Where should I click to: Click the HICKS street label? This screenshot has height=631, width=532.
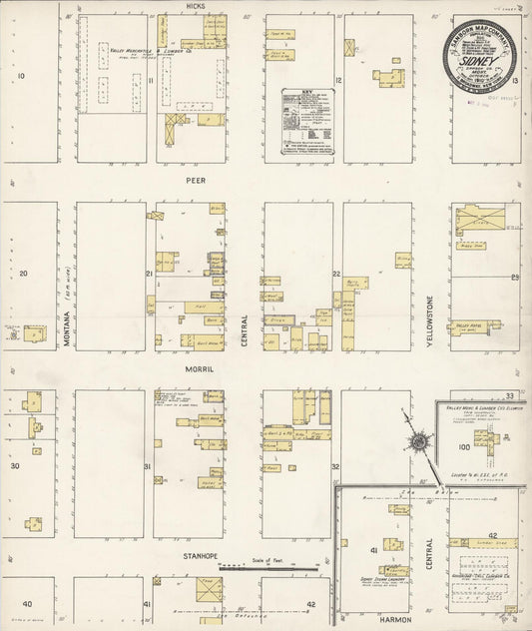[195, 6]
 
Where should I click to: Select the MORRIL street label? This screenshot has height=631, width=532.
[195, 368]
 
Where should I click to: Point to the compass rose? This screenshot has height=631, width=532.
[419, 440]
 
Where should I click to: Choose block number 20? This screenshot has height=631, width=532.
[21, 272]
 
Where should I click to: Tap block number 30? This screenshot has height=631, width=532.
[15, 465]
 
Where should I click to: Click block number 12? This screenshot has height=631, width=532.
[340, 79]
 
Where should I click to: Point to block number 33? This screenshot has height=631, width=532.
[507, 395]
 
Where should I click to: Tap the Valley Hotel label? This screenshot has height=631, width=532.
[466, 325]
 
